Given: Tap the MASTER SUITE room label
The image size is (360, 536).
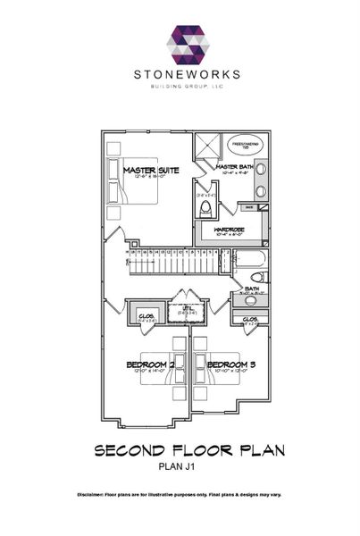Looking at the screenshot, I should (x=151, y=170).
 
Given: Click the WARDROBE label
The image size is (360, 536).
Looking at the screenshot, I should (x=230, y=228).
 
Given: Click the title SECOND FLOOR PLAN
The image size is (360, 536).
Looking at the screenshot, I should (x=189, y=450).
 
